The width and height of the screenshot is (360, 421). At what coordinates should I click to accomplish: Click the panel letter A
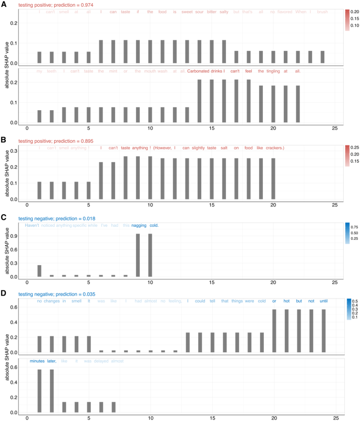pos(4,4)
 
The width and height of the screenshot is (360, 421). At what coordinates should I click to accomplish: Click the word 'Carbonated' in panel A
pos(200,71)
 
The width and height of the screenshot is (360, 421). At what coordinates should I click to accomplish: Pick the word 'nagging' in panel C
pos(138,226)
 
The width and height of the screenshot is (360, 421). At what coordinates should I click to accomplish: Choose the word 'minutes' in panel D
pos(37,347)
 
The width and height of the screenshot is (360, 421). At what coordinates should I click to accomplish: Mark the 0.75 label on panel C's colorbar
pos(340,227)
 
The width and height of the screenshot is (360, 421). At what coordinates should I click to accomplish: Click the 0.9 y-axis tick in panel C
pos(14,236)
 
